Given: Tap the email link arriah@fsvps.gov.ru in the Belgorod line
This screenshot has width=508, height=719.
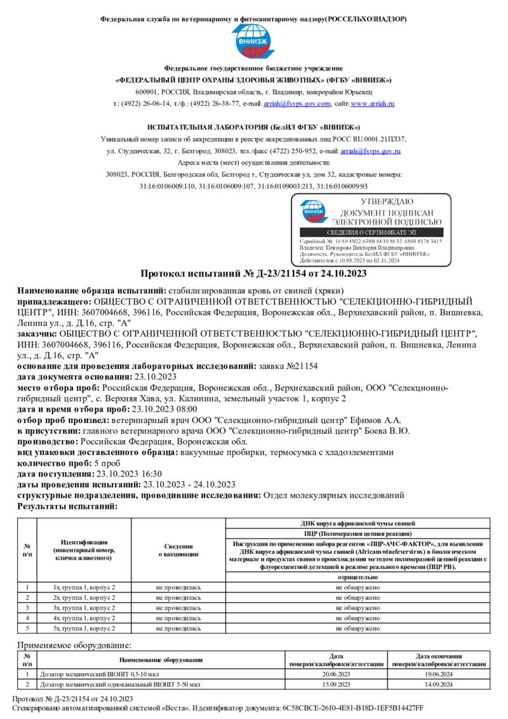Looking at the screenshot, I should tap(370, 151).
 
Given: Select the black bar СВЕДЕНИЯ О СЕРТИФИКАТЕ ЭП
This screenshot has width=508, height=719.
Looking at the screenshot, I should tap(371, 233).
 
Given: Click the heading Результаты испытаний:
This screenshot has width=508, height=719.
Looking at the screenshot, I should tap(67, 506).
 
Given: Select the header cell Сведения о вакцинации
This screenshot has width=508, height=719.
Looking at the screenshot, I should tap(178, 550).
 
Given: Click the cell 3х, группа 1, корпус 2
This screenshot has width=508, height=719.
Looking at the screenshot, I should tap(84, 608).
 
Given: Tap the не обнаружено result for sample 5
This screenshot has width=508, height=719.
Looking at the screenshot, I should tap(358, 628).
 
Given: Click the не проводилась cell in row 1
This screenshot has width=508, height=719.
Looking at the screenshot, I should tap(178, 588).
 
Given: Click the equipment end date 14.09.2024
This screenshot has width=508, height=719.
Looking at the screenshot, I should tap(438, 685).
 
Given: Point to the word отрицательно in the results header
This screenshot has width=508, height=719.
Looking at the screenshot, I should tap(358, 577).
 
